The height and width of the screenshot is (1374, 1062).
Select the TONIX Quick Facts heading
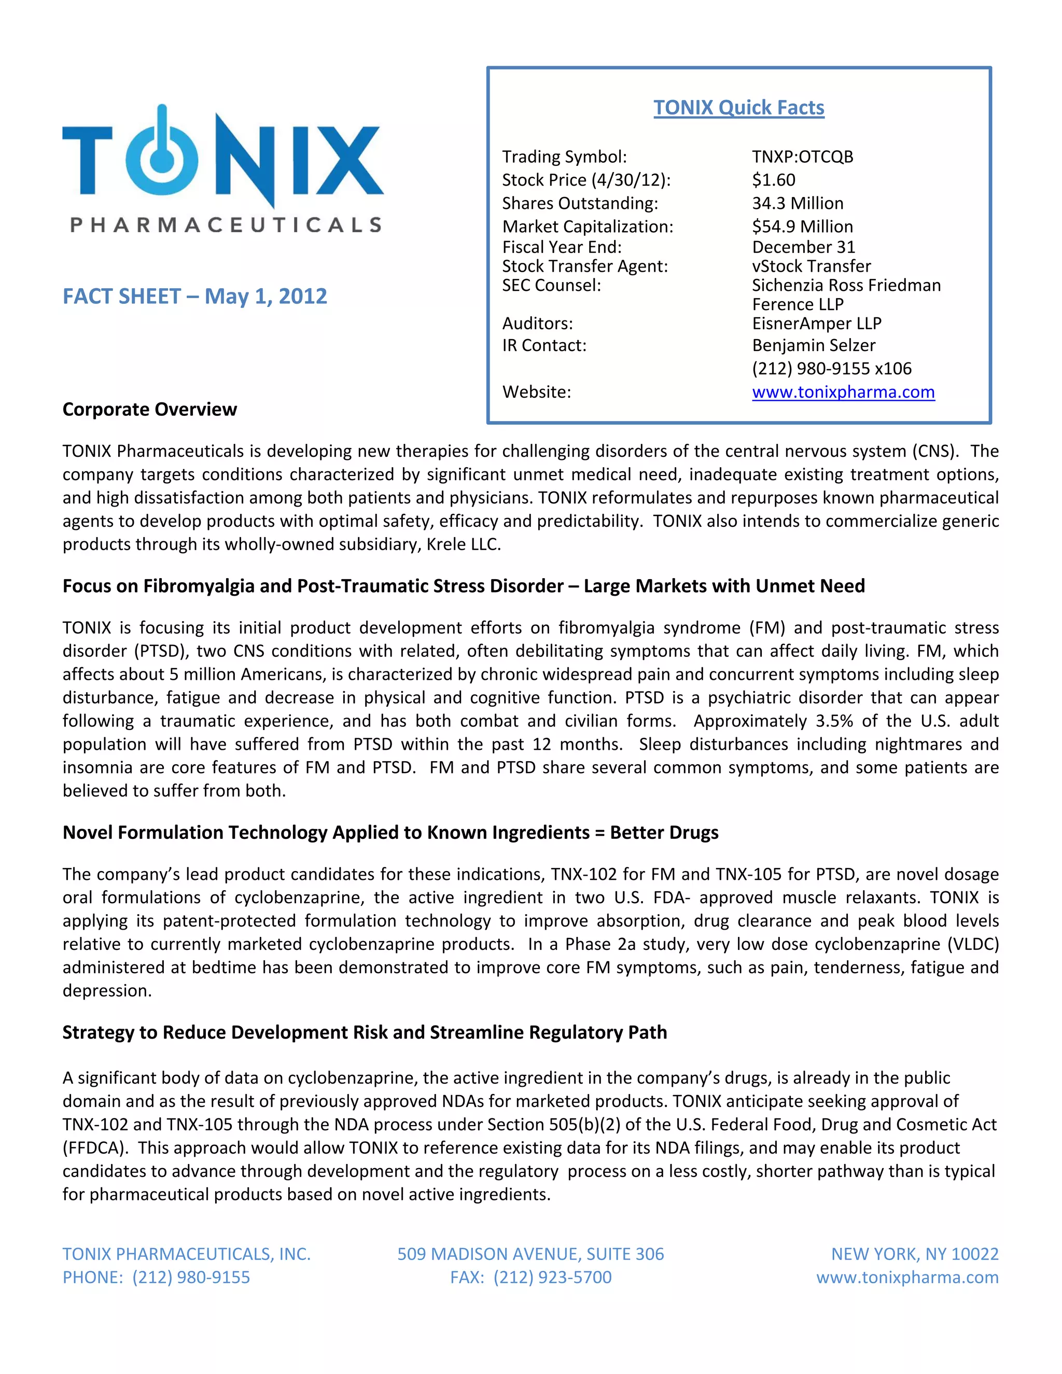coord(738,107)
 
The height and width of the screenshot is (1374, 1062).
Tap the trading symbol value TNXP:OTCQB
coord(802,157)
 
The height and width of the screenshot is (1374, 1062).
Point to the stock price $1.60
coord(773,180)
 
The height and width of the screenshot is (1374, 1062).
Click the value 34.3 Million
coord(797,203)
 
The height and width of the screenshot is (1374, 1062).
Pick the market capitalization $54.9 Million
coord(802,227)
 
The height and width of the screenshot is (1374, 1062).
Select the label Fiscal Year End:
coord(561,247)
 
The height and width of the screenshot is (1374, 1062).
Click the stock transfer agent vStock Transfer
coord(811,266)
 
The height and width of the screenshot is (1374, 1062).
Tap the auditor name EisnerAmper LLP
coord(816,324)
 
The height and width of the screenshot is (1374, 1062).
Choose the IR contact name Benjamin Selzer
coord(813,345)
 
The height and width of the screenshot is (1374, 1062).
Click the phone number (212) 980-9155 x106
coord(831,369)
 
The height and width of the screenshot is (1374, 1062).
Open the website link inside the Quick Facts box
coord(843,392)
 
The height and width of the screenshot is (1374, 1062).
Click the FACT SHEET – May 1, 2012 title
coord(194,296)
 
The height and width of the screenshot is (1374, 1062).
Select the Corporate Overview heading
coord(150,410)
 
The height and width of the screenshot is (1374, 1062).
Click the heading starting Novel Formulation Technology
coord(390,832)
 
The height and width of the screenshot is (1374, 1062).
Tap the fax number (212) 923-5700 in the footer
coord(552,1277)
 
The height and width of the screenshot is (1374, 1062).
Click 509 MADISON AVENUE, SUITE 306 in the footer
coord(530,1254)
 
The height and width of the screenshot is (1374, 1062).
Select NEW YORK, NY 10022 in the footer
coord(914,1254)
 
